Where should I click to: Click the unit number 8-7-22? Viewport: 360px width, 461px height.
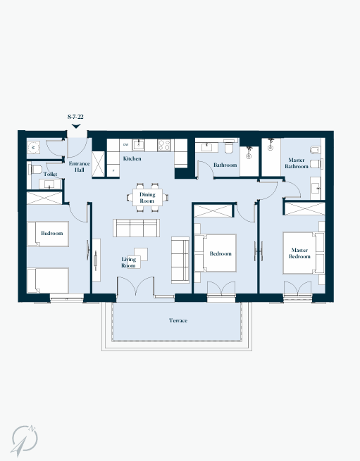(75, 117)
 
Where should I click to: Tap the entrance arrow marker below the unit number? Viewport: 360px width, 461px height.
(76, 126)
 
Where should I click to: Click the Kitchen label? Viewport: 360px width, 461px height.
(132, 158)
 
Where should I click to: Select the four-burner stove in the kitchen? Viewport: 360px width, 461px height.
(164, 145)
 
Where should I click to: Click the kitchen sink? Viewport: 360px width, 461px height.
(138, 145)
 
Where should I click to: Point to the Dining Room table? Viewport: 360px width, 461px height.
(147, 198)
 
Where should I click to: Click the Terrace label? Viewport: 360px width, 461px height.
(178, 320)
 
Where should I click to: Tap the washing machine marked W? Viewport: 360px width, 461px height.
(33, 147)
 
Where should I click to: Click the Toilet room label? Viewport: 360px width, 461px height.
(50, 174)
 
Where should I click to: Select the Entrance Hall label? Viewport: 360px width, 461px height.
(79, 167)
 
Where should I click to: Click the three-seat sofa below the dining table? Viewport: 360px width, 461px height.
(136, 228)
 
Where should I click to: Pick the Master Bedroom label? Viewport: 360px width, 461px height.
(299, 253)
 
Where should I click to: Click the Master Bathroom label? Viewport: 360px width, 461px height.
(297, 163)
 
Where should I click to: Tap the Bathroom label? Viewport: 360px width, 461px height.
(225, 165)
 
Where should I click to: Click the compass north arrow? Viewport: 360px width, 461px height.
(24, 441)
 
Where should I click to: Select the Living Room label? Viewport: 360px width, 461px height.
(129, 263)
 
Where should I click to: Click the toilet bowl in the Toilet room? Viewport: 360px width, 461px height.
(35, 170)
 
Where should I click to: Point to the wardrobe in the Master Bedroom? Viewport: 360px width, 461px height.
(305, 208)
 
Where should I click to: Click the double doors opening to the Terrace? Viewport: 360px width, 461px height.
(135, 286)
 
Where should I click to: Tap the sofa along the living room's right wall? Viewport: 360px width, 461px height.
(180, 260)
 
